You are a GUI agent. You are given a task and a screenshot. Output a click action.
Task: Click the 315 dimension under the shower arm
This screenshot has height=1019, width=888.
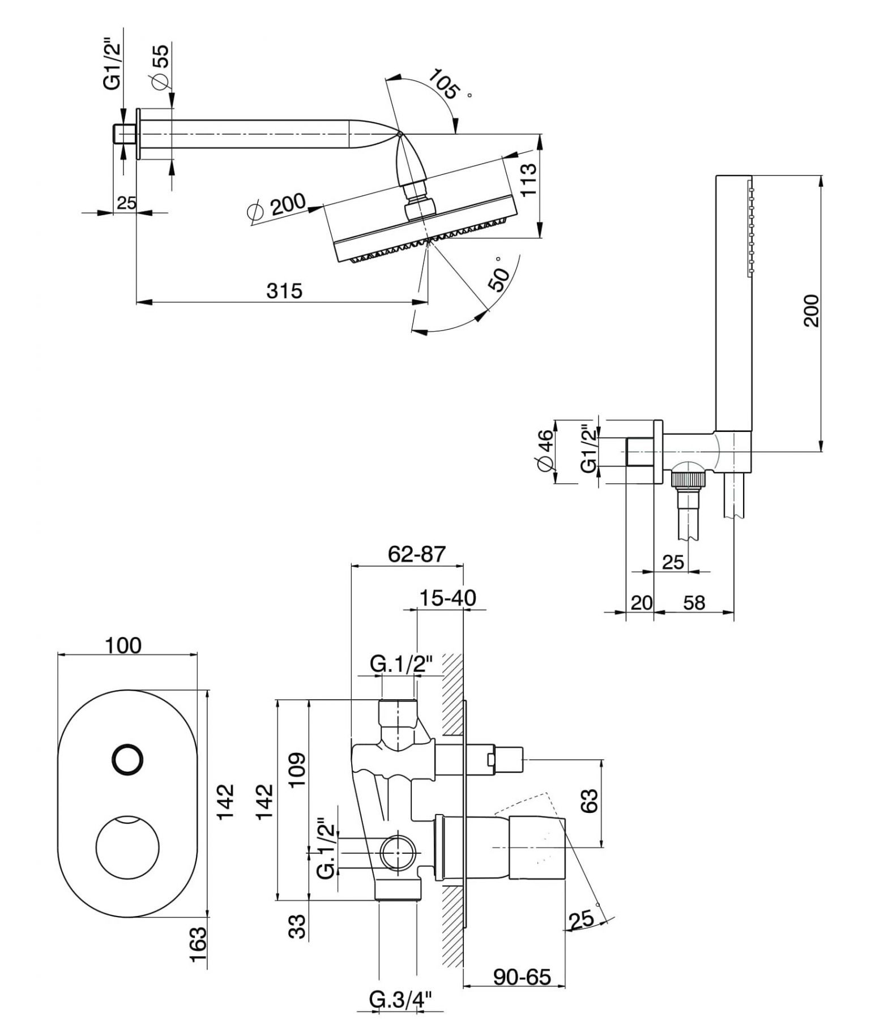click(x=284, y=291)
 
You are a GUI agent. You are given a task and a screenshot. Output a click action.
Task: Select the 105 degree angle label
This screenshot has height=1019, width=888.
click(x=443, y=84)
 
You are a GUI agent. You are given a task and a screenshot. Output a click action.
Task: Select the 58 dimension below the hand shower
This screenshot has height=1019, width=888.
click(x=694, y=603)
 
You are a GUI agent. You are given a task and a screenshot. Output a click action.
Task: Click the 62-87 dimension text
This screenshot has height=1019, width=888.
click(x=417, y=554)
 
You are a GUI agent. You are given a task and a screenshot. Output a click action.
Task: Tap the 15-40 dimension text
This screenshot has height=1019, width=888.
click(x=447, y=598)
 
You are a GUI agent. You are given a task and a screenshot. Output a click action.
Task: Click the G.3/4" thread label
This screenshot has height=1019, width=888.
click(x=400, y=1000)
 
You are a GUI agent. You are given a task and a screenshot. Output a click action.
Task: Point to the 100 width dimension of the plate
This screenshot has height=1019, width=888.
click(x=123, y=645)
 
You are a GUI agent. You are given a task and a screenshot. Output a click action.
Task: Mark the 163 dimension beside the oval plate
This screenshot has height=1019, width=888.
click(x=198, y=944)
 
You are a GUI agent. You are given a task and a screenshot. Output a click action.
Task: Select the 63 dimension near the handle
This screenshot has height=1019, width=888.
click(x=589, y=800)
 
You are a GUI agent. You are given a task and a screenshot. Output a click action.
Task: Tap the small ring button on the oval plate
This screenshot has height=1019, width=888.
click(x=128, y=759)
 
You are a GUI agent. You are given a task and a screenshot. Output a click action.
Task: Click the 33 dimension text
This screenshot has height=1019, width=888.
click(x=297, y=926)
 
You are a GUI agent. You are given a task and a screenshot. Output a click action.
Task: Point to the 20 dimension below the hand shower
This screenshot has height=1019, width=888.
click(x=641, y=603)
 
